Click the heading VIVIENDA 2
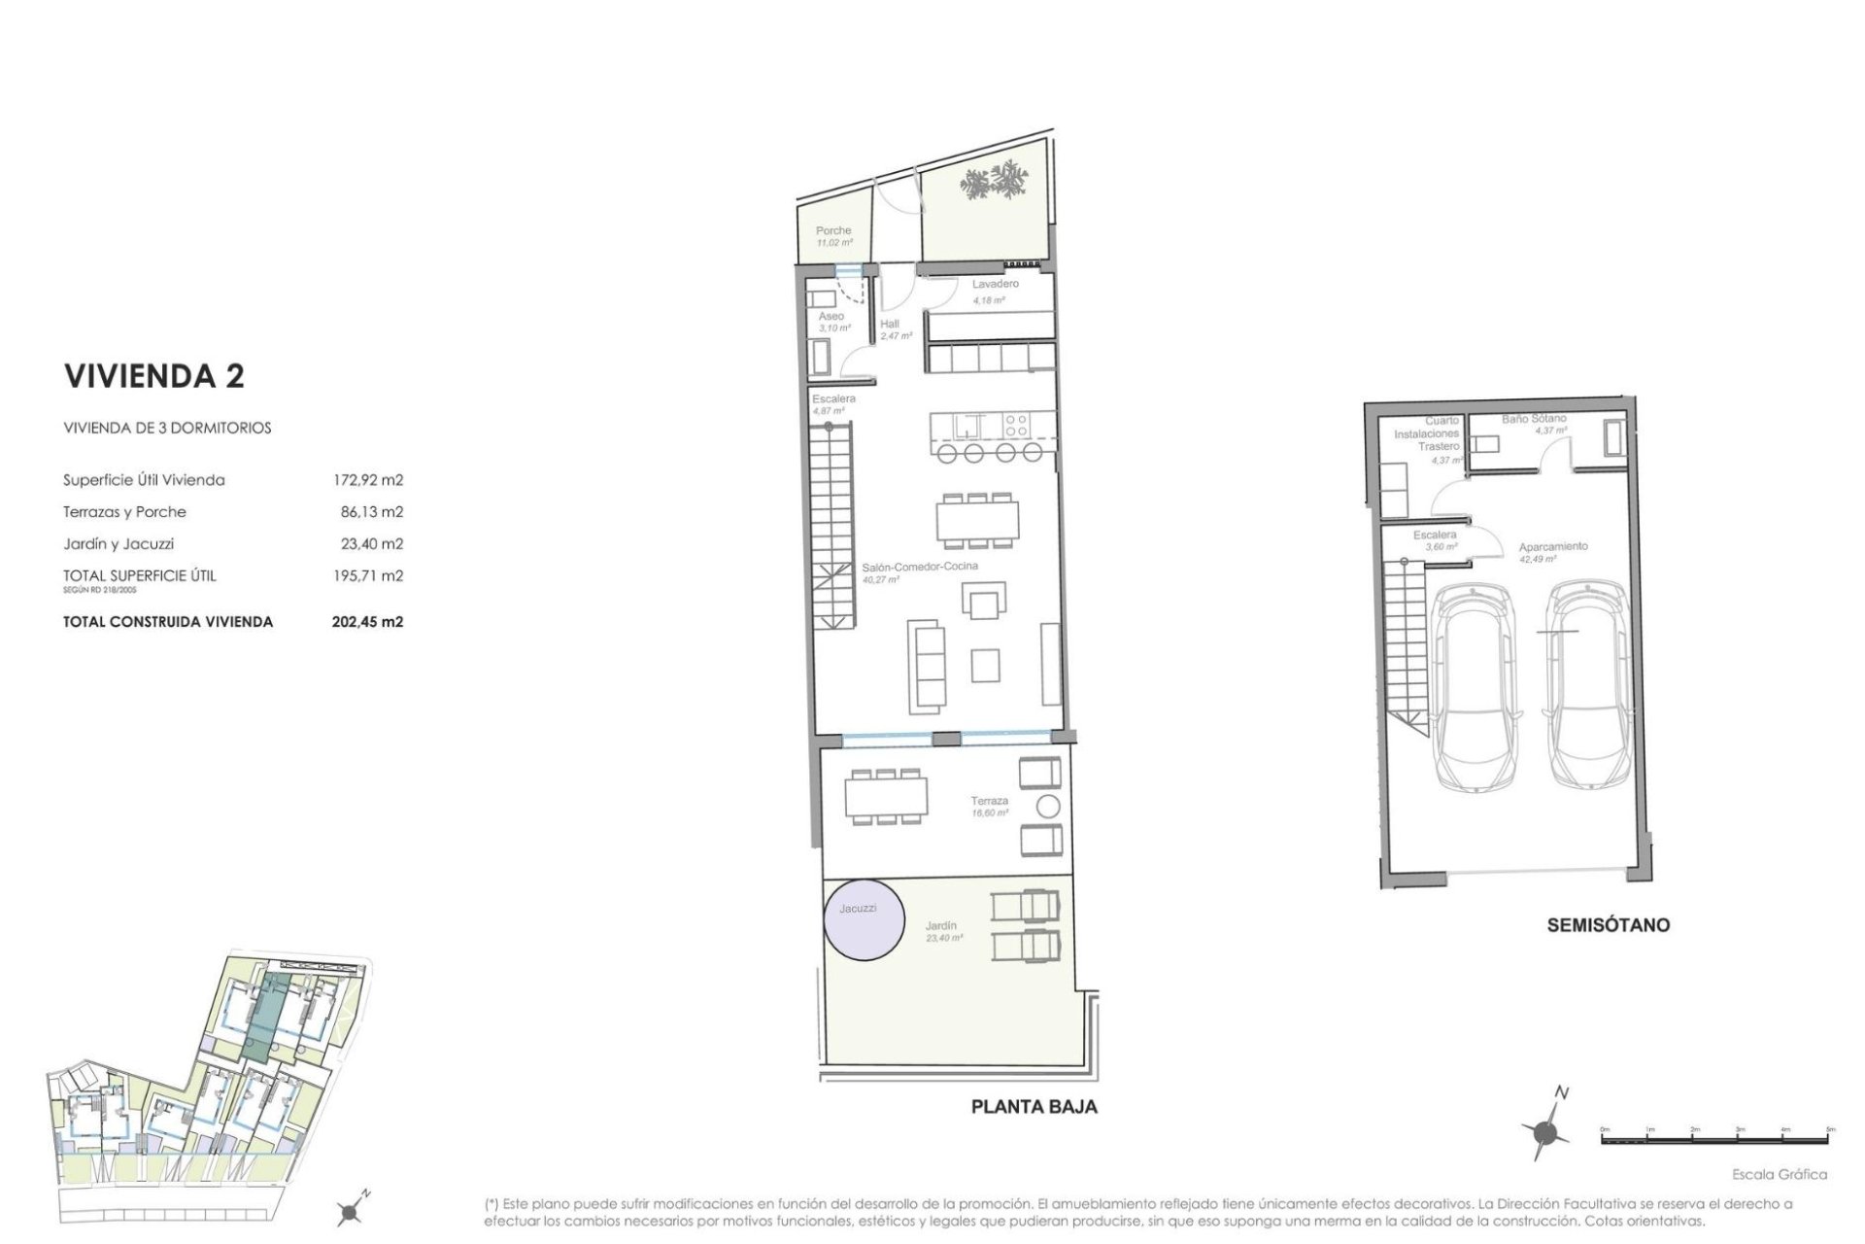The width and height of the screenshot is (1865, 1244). click(153, 377)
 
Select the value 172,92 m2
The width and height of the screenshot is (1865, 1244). click(367, 480)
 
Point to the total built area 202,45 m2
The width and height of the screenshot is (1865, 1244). click(367, 622)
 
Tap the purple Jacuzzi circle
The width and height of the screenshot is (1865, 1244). click(865, 919)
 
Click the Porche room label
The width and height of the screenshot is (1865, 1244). click(833, 231)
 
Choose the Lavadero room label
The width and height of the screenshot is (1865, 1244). click(996, 284)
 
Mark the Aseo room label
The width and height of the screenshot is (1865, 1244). click(831, 317)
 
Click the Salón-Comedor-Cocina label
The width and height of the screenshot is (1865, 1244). click(920, 566)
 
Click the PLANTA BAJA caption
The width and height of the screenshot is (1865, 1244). click(1034, 1107)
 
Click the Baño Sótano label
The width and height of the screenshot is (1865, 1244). click(1534, 419)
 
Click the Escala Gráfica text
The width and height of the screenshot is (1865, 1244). click(1780, 1175)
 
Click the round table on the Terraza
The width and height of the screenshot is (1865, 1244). click(1048, 806)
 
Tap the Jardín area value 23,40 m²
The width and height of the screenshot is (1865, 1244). click(943, 939)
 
